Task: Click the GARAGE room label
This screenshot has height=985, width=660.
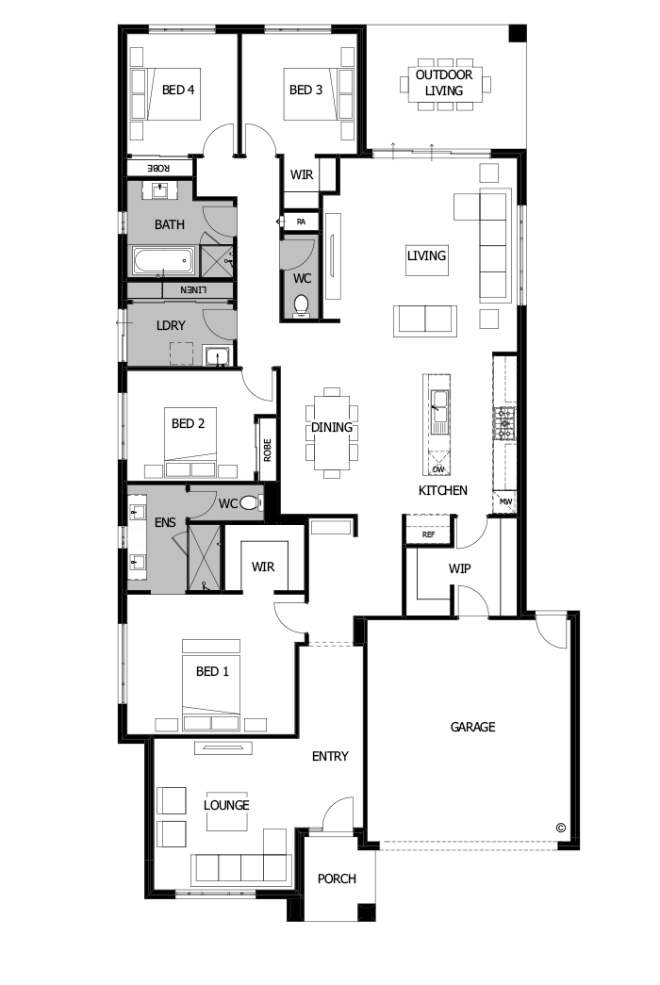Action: (x=472, y=727)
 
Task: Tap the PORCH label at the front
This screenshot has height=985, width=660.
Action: (x=337, y=878)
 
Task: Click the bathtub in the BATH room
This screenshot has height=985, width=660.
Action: (x=162, y=260)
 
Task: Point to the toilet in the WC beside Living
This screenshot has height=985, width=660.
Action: (x=302, y=305)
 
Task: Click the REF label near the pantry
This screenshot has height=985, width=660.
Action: (x=429, y=534)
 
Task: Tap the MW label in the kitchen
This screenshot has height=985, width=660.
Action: (x=505, y=501)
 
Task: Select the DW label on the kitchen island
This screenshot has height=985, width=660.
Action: (x=437, y=468)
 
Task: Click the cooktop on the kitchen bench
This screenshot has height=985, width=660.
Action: (x=506, y=423)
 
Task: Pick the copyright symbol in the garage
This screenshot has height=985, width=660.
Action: (x=561, y=828)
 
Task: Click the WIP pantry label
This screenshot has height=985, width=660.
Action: (x=460, y=568)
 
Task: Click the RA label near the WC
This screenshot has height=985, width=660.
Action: (x=301, y=222)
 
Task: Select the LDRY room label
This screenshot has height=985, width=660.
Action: (x=170, y=325)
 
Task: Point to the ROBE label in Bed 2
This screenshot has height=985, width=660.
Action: (x=267, y=450)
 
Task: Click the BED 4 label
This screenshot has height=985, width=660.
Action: (x=178, y=90)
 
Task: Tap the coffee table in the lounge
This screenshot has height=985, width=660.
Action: (x=226, y=818)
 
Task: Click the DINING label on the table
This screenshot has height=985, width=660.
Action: (x=332, y=427)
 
